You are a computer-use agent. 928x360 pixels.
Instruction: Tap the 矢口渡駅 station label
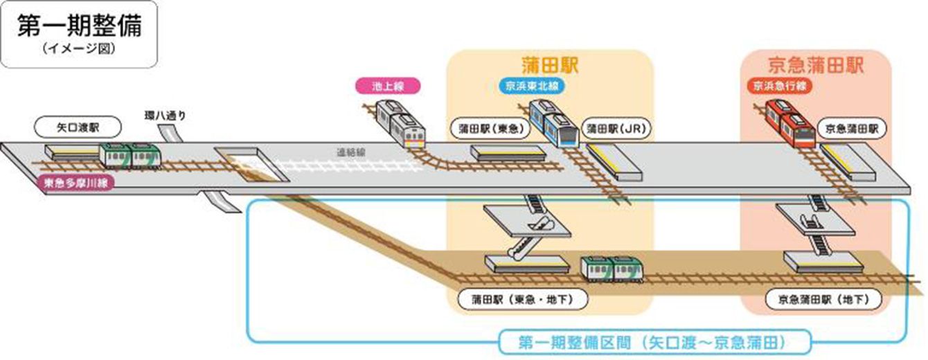coord(77,127)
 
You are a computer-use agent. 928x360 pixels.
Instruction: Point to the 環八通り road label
coord(166,114)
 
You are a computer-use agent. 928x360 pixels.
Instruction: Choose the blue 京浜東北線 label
coord(530,86)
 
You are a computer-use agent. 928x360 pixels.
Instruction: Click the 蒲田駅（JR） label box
coord(615,128)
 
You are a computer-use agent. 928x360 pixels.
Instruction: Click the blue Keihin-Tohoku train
coord(553,125)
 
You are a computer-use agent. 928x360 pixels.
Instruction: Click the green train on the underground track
coord(611,269)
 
